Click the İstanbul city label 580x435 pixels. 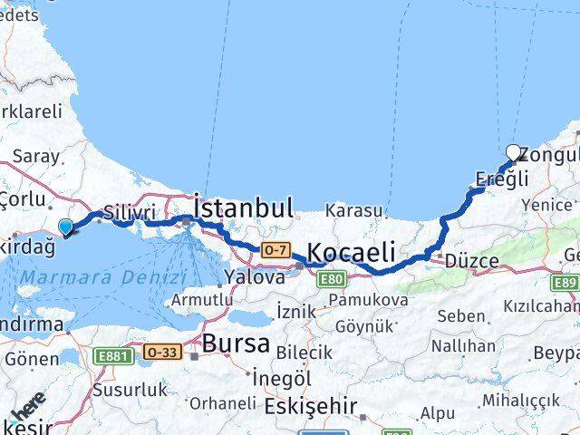pos(244,208)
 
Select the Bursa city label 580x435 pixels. pos(237,343)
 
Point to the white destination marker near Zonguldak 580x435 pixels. pos(514,153)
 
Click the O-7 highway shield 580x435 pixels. pos(275,248)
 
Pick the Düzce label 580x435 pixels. pos(471,261)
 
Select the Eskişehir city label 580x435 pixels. pos(310,406)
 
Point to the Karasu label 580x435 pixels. pos(354,210)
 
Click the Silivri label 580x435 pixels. pos(124,212)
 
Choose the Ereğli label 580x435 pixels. pos(501,179)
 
